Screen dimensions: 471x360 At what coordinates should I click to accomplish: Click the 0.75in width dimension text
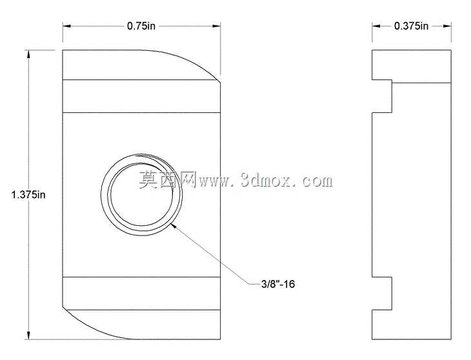click(141, 26)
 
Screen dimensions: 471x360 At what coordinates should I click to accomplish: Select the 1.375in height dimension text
click(28, 195)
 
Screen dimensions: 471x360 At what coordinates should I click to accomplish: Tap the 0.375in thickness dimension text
click(411, 26)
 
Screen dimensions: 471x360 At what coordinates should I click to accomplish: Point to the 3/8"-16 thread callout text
click(278, 284)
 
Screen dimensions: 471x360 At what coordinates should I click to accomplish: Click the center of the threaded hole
click(141, 195)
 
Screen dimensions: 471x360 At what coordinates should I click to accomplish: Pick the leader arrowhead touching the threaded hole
click(174, 226)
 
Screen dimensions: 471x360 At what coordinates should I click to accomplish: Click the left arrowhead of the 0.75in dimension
click(66, 26)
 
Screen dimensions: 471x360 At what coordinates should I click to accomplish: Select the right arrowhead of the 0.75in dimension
click(217, 26)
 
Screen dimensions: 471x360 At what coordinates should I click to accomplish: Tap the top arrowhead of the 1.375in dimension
click(28, 54)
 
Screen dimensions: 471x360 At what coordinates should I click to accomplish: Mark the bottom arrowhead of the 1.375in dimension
click(28, 335)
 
